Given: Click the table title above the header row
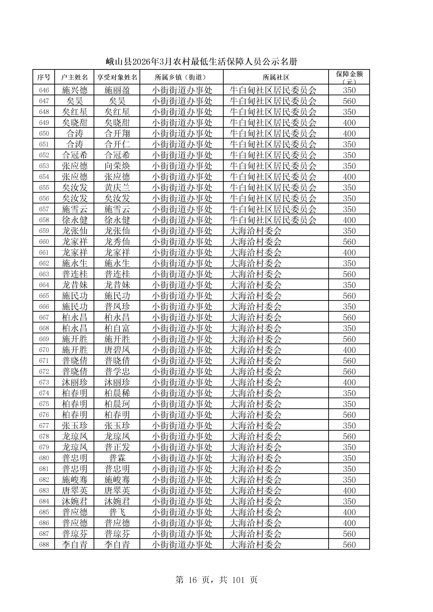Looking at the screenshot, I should [x=201, y=62].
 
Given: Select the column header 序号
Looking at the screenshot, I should [x=44, y=77].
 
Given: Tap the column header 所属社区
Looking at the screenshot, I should [x=276, y=77].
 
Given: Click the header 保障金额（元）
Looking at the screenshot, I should [x=349, y=77].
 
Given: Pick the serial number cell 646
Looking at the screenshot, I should [x=44, y=90].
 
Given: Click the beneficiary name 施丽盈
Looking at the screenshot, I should [x=117, y=90].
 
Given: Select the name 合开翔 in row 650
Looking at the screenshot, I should [x=117, y=133].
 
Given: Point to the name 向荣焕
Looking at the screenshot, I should [x=117, y=166].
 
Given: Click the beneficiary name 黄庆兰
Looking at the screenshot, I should [x=117, y=187].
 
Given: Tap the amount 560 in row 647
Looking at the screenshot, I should [x=349, y=101].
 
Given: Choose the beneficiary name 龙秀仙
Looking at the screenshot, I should [x=117, y=242].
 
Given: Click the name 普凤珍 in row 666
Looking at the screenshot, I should [x=117, y=307].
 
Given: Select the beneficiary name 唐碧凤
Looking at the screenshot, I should [x=117, y=350].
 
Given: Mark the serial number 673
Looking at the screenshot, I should [x=44, y=382].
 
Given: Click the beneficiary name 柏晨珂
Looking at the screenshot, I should [x=117, y=404].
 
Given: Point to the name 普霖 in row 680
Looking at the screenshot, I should [x=117, y=458].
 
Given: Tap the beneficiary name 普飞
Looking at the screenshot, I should [x=117, y=512].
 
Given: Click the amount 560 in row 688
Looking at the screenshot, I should [x=349, y=545].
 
